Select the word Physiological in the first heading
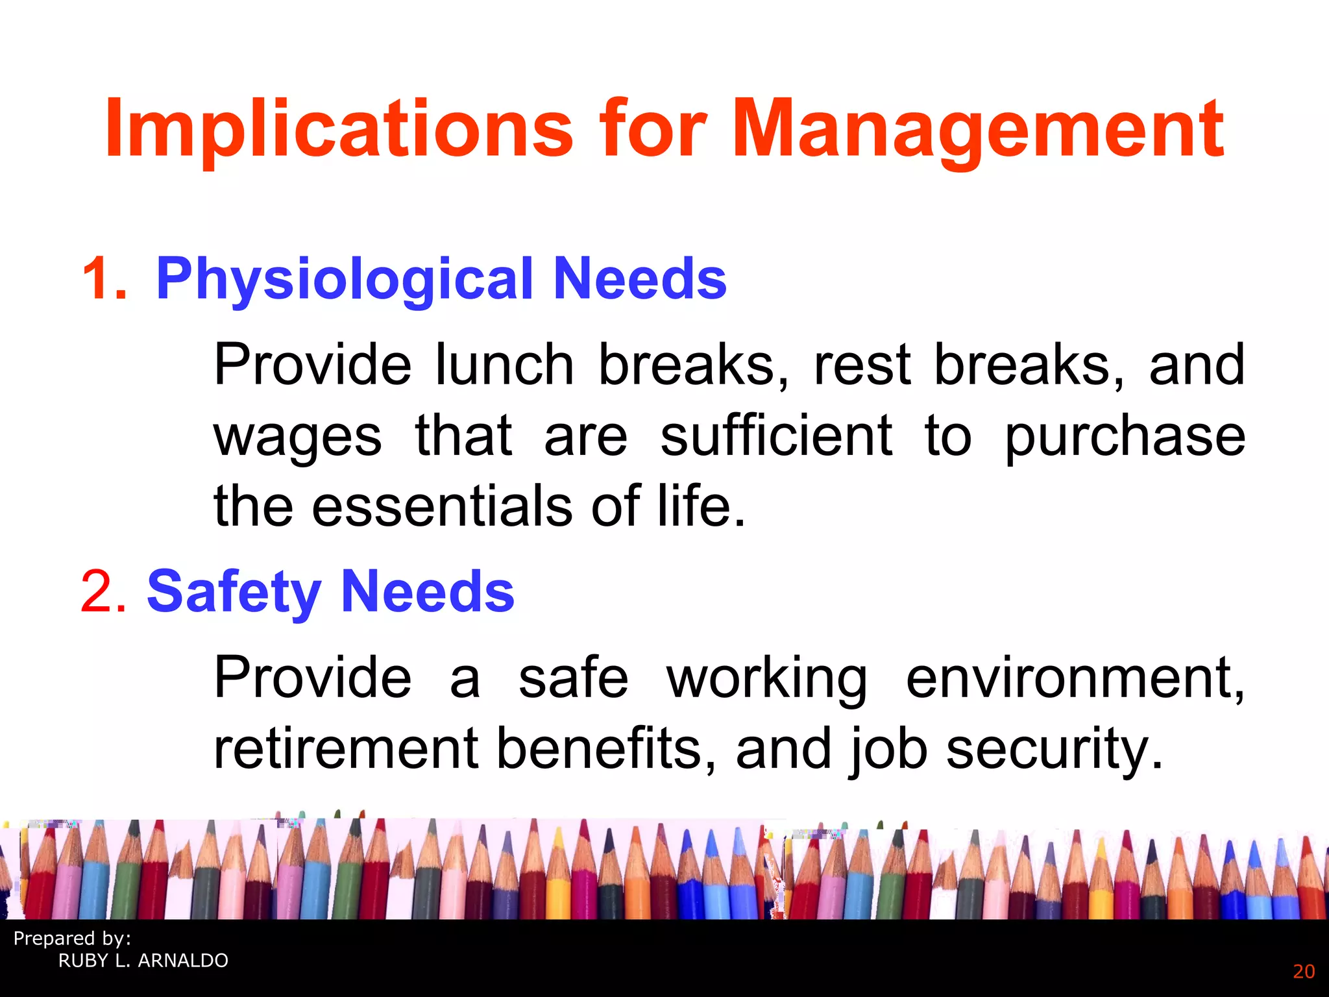pyautogui.click(x=345, y=279)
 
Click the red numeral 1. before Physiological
pyautogui.click(x=104, y=279)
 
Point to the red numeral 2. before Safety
pyautogui.click(x=103, y=591)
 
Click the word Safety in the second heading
pyautogui.click(x=234, y=591)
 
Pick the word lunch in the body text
pyautogui.click(x=504, y=365)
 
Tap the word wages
pyautogui.click(x=298, y=437)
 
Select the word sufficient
pyautogui.click(x=776, y=436)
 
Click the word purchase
pyautogui.click(x=1125, y=437)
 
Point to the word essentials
pyautogui.click(x=442, y=506)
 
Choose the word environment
pyautogui.click(x=1075, y=678)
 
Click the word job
pyautogui.click(x=887, y=750)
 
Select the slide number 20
pyautogui.click(x=1304, y=972)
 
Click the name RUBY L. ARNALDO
pyautogui.click(x=143, y=961)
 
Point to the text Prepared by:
pyautogui.click(x=72, y=939)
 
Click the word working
pyautogui.click(x=766, y=678)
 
